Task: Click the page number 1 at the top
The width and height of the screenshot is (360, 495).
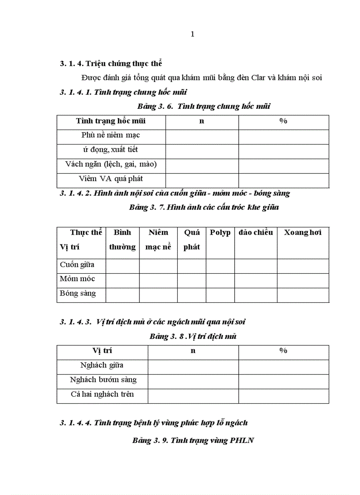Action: click(192, 34)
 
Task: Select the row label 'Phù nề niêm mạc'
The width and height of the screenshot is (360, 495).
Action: click(111, 135)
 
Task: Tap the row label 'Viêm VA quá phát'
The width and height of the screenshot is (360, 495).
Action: click(111, 179)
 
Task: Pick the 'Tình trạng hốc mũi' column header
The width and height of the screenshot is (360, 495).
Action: click(111, 121)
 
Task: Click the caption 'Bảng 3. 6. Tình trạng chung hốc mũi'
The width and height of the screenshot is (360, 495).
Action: click(204, 106)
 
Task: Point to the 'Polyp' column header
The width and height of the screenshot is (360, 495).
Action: click(220, 232)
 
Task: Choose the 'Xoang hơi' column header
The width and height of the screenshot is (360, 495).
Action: click(303, 232)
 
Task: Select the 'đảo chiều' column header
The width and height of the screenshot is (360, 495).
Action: click(256, 232)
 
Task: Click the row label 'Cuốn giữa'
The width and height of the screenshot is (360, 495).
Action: click(77, 265)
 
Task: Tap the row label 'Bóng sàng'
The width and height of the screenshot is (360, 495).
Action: click(78, 293)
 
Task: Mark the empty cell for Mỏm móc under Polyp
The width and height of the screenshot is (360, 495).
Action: click(220, 280)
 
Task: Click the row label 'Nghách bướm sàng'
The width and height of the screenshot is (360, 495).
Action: click(103, 380)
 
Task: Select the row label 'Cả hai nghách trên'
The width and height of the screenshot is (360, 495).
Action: click(102, 394)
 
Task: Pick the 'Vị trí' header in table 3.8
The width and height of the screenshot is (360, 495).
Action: click(102, 351)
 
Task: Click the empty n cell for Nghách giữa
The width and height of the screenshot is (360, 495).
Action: click(193, 366)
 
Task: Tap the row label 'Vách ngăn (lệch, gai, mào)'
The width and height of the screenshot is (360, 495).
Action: click(111, 164)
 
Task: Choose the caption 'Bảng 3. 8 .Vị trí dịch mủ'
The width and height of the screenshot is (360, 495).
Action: click(193, 336)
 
